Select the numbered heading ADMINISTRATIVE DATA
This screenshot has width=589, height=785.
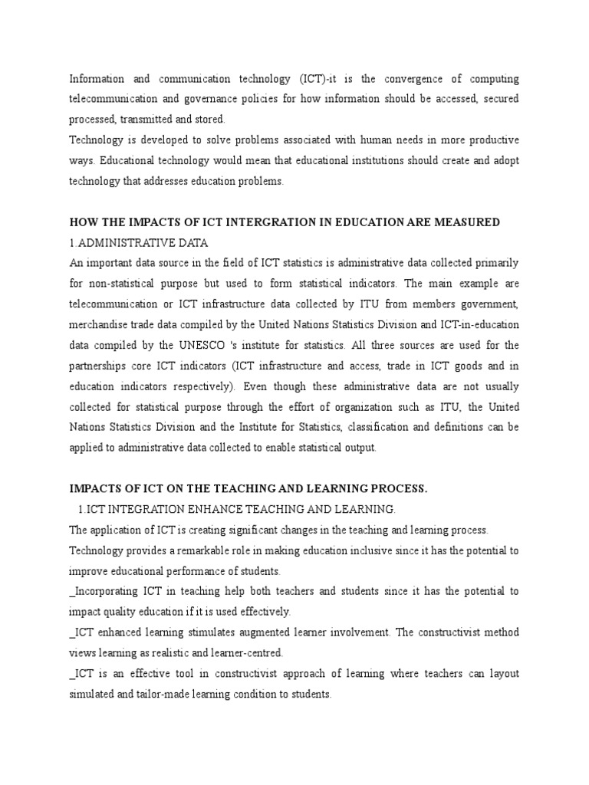[x=142, y=242]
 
